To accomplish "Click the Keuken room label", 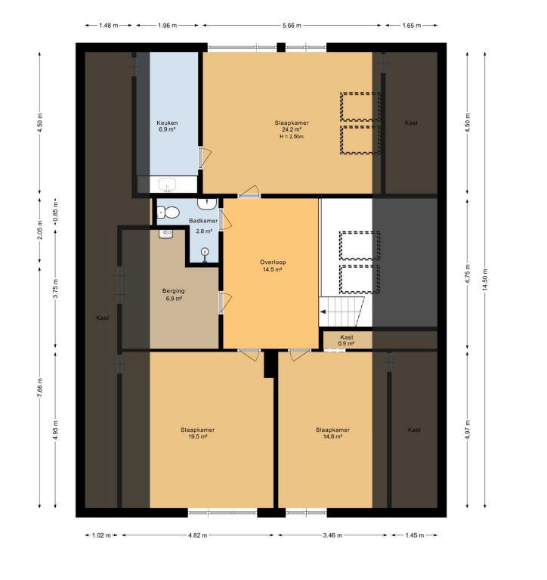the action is tap(167, 123).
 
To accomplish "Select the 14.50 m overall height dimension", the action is tap(485, 280).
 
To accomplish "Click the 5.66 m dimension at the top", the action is tap(292, 26).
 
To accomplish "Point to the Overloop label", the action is tap(273, 262).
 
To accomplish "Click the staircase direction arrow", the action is tap(323, 312).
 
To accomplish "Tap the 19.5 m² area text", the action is tap(198, 436).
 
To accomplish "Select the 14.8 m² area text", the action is tap(332, 436).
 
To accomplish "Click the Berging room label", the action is tap(174, 291).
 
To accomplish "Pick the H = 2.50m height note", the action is tap(292, 136).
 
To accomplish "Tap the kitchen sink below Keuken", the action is tap(168, 185).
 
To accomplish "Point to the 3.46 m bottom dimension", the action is tap(332, 535).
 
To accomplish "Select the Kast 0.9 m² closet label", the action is tap(347, 340).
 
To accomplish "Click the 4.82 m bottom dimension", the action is tap(198, 535).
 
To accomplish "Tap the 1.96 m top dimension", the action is tap(168, 26).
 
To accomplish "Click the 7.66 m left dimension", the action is tap(40, 387).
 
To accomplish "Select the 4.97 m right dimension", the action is tap(468, 430).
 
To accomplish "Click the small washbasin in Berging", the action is tap(166, 234).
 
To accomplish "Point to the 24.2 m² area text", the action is tap(292, 129).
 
